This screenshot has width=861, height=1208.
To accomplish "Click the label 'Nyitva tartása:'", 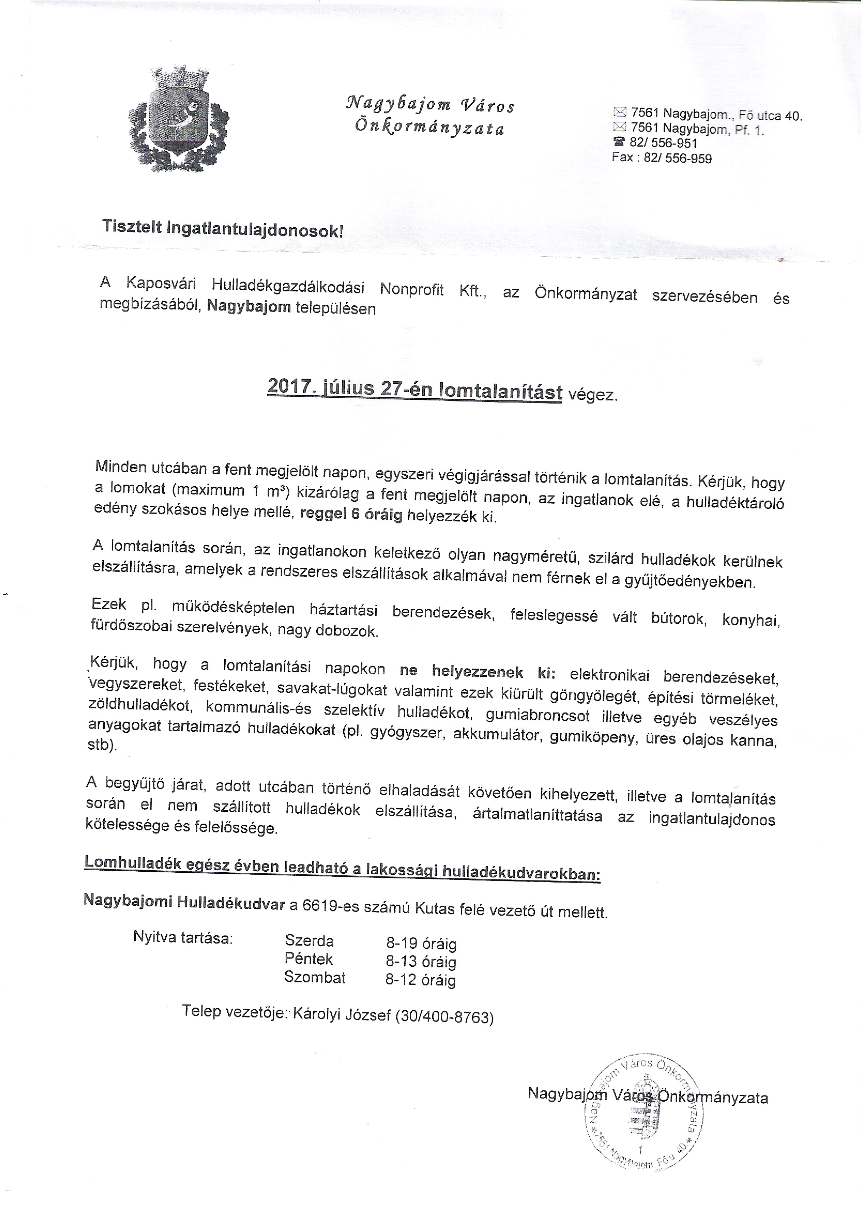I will point(183,937).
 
